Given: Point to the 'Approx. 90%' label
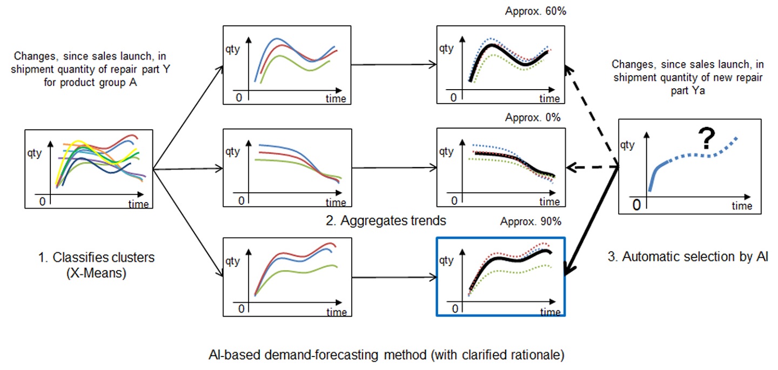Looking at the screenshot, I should (x=533, y=221).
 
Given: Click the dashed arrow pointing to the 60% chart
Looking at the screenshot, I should (x=592, y=116).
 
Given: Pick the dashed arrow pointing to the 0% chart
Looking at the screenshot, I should (x=592, y=168).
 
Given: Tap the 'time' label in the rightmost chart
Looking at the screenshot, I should (x=742, y=206).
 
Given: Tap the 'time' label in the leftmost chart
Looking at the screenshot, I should (x=138, y=204).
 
